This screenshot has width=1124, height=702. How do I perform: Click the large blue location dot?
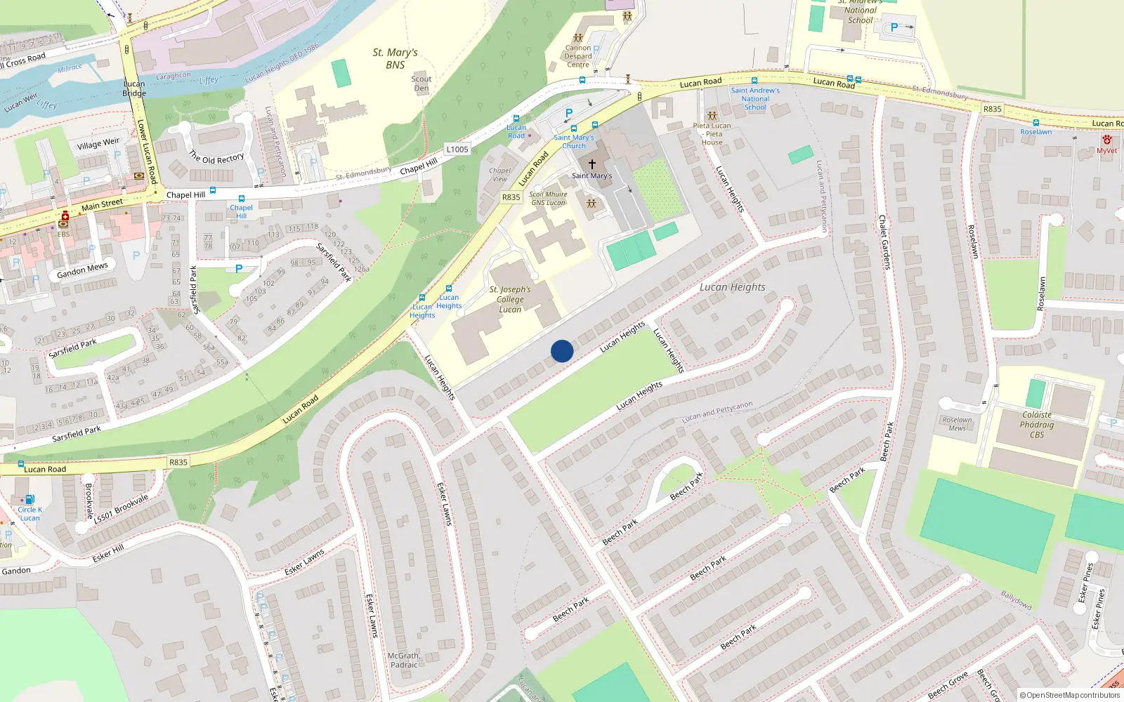pyautogui.click(x=562, y=351)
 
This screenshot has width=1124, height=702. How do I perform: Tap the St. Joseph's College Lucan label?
pyautogui.click(x=510, y=299)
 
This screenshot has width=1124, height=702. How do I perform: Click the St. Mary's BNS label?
pyautogui.click(x=395, y=58)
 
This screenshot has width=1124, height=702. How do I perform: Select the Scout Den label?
pyautogui.click(x=421, y=84)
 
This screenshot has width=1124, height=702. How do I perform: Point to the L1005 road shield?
pyautogui.click(x=457, y=150)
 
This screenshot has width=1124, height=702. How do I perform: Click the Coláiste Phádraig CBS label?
pyautogui.click(x=1037, y=425)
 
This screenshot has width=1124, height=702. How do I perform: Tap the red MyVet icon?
pyautogui.click(x=1107, y=140)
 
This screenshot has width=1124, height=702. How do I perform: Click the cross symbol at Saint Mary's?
pyautogui.click(x=592, y=164)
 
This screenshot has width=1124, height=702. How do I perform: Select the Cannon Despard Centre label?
pyautogui.click(x=578, y=56)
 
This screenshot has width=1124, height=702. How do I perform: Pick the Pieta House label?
pyautogui.click(x=712, y=134)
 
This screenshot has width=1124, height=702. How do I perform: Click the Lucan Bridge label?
pyautogui.click(x=134, y=88)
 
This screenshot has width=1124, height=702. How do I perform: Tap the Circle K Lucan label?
pyautogui.click(x=30, y=514)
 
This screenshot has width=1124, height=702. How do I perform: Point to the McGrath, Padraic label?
pyautogui.click(x=404, y=660)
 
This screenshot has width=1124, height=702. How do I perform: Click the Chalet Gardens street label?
pyautogui.click(x=884, y=242)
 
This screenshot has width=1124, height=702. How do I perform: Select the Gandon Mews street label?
pyautogui.click(x=83, y=270)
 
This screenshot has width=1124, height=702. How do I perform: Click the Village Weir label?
pyautogui.click(x=98, y=144)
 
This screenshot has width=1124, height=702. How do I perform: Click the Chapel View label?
pyautogui.click(x=500, y=175)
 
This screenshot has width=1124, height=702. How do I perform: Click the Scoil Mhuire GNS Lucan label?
pyautogui.click(x=548, y=199)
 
